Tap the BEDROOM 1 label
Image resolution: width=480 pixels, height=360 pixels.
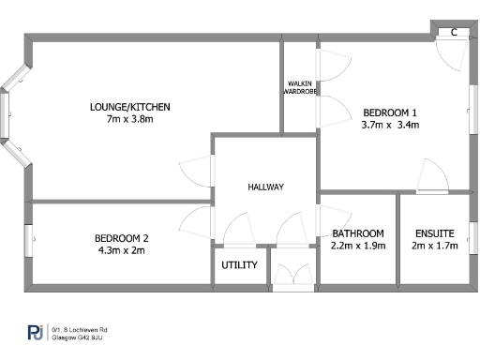pos(389,112)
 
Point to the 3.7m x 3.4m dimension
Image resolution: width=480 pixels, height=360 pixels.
pos(389,125)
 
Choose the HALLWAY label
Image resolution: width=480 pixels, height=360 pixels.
pos(265,187)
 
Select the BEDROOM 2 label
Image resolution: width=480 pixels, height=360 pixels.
pos(121,238)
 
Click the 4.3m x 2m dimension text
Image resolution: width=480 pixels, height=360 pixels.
pos(121,250)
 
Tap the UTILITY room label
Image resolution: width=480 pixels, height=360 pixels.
pos(239,265)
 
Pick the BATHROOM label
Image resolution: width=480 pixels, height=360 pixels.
pos(358,233)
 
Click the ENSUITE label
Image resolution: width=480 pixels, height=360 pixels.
pos(434,233)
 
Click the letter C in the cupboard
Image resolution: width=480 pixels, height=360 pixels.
pos(454,32)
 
